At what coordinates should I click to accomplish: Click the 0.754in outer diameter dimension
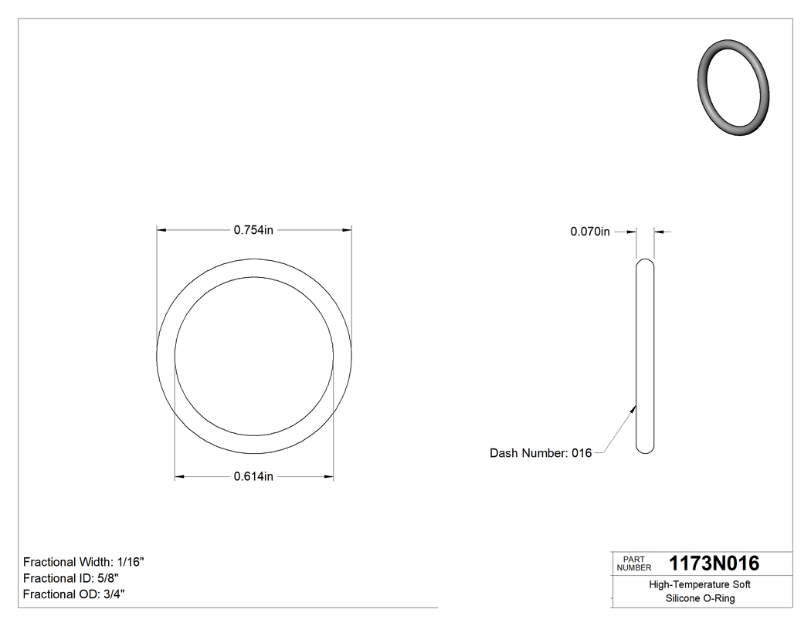pyautogui.click(x=254, y=229)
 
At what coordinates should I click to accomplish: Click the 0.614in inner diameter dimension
pyautogui.click(x=254, y=477)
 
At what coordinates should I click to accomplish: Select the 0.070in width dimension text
pyautogui.click(x=590, y=232)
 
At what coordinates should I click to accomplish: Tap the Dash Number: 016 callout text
pyautogui.click(x=541, y=453)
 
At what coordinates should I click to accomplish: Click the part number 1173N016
pyautogui.click(x=714, y=563)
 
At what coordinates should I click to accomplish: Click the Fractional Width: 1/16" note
pyautogui.click(x=83, y=562)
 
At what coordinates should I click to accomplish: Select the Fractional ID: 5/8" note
pyautogui.click(x=71, y=578)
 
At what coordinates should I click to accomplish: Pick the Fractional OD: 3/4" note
pyautogui.click(x=74, y=594)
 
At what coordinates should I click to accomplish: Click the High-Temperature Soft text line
pyautogui.click(x=700, y=585)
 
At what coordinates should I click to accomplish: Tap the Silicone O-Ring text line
pyautogui.click(x=700, y=599)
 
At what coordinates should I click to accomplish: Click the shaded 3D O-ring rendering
pyautogui.click(x=734, y=88)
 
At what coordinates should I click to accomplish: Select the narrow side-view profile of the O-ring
pyautogui.click(x=644, y=356)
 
